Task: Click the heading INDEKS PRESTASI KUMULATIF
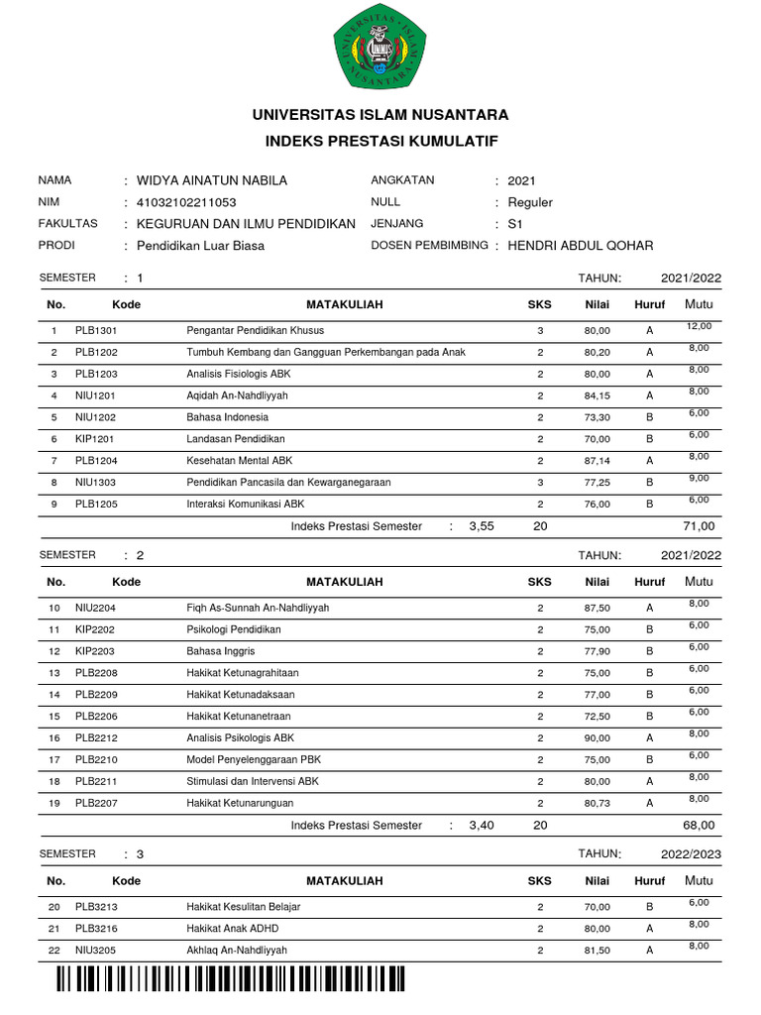380,142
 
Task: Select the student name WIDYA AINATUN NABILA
211,180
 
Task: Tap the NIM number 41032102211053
186,202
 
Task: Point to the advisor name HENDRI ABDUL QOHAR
580,246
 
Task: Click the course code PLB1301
96,330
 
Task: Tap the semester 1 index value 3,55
481,526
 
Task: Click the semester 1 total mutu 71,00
698,526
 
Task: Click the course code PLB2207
96,804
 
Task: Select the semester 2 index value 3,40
481,826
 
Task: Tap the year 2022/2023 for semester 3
691,853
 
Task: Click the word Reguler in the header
529,202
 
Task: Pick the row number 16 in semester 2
54,738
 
